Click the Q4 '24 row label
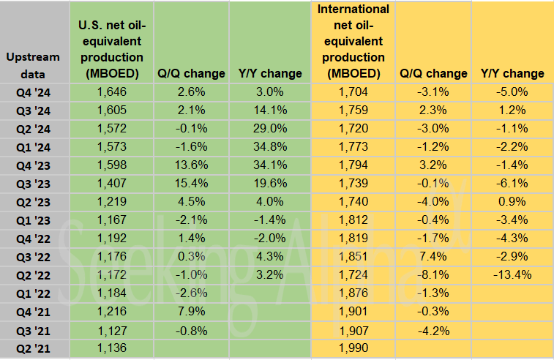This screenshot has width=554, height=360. point(34,91)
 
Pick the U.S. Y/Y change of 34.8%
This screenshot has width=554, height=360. point(270,146)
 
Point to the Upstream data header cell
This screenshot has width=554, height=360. point(34,64)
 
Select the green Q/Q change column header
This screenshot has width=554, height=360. point(192,73)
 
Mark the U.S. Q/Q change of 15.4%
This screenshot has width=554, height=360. point(192,183)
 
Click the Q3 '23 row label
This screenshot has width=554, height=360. point(34,183)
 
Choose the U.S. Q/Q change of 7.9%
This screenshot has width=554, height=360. point(192,311)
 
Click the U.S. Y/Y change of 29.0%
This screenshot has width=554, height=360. point(270,128)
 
